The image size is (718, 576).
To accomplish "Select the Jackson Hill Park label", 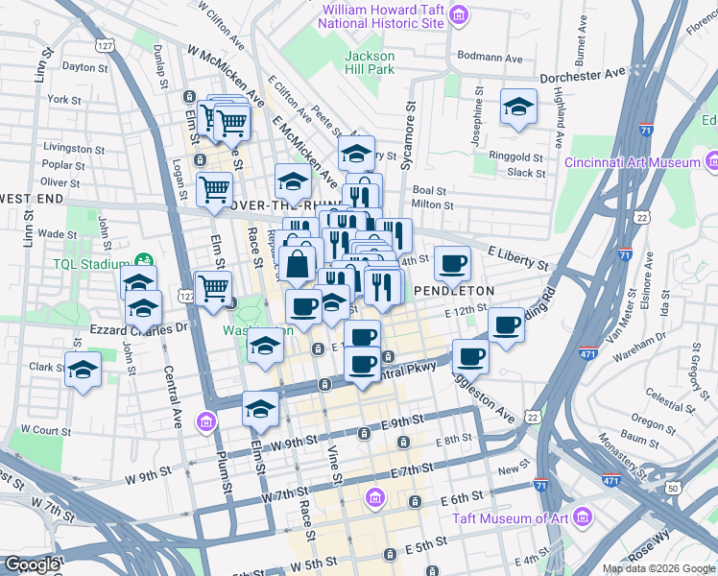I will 370,62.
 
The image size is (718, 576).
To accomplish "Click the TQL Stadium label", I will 91,264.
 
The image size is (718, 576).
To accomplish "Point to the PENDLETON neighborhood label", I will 454,290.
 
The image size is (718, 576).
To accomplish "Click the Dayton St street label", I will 85,67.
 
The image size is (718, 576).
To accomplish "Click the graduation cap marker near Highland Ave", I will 518,106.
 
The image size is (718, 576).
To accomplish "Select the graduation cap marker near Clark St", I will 84,369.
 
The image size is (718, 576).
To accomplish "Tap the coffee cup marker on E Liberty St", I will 452,261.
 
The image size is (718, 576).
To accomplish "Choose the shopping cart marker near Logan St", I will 214,187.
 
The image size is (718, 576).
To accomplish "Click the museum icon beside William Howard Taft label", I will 459,14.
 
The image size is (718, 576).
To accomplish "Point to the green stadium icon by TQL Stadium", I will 144,259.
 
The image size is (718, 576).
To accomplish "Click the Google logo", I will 33,564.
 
